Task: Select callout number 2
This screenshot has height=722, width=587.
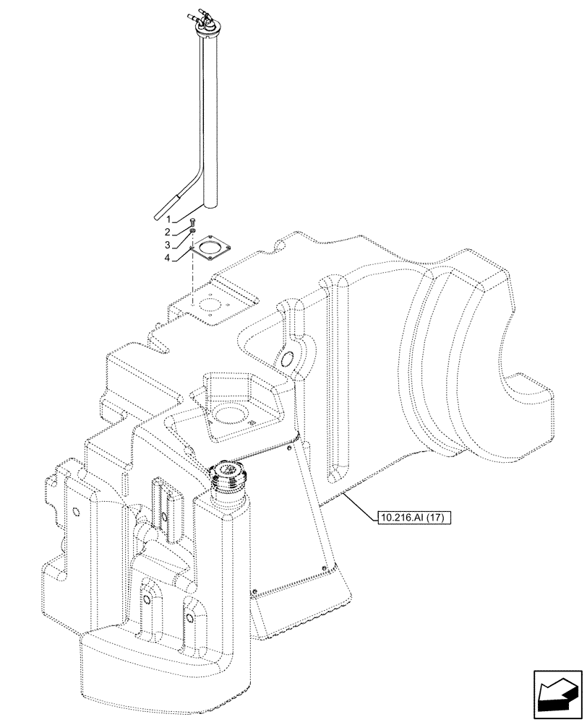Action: (x=168, y=232)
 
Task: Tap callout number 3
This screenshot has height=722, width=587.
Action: (x=168, y=245)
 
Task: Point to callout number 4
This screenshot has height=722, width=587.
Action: (x=168, y=258)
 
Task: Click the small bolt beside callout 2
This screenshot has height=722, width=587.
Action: (x=192, y=221)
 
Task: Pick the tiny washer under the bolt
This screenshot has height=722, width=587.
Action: (x=192, y=230)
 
